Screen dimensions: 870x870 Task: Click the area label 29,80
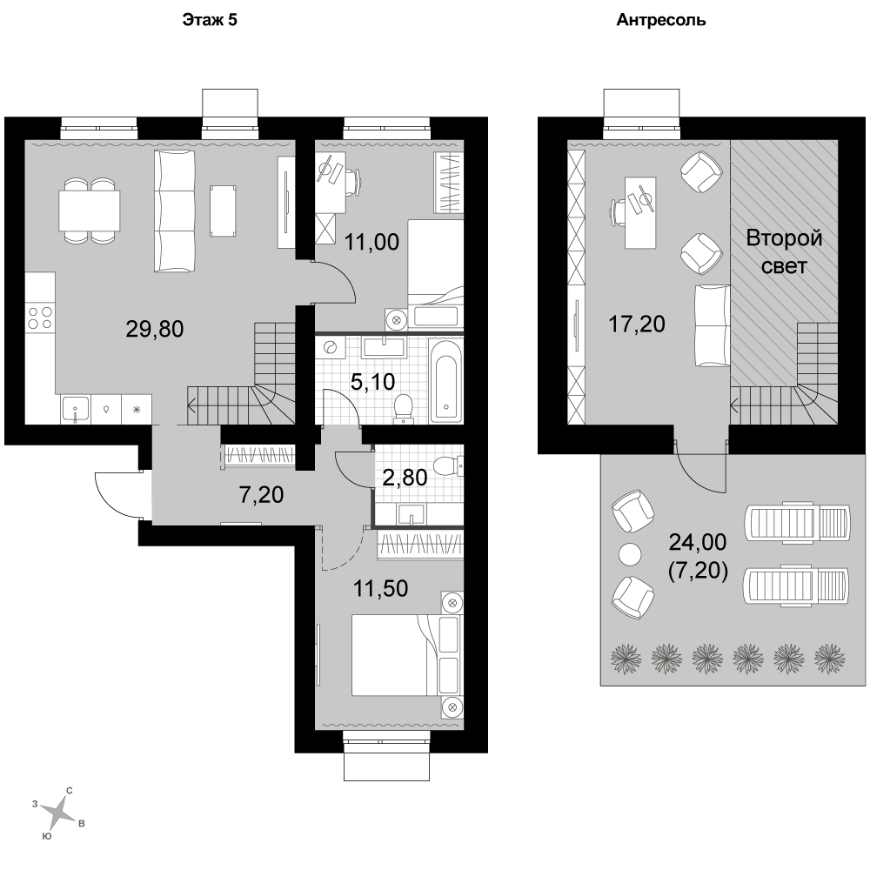pyautogui.click(x=155, y=329)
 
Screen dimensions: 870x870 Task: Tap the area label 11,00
pyautogui.click(x=371, y=242)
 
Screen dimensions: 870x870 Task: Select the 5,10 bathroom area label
pyautogui.click(x=373, y=381)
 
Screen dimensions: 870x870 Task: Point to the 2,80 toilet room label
pyautogui.click(x=405, y=477)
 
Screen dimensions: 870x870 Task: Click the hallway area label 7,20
pyautogui.click(x=261, y=494)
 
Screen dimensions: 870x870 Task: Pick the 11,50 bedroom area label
pyautogui.click(x=381, y=588)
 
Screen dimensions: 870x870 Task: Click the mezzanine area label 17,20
pyautogui.click(x=637, y=324)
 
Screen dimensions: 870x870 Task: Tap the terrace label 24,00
pyautogui.click(x=698, y=542)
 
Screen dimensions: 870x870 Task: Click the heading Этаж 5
pyautogui.click(x=210, y=20)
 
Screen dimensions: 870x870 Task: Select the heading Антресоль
pyautogui.click(x=661, y=20)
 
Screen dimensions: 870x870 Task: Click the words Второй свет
pyautogui.click(x=784, y=252)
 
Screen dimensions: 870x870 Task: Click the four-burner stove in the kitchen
pyautogui.click(x=40, y=318)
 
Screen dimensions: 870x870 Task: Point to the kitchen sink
pyautogui.click(x=76, y=410)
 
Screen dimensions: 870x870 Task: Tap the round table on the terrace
pyautogui.click(x=630, y=553)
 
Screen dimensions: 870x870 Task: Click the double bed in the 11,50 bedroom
pyautogui.click(x=405, y=655)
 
